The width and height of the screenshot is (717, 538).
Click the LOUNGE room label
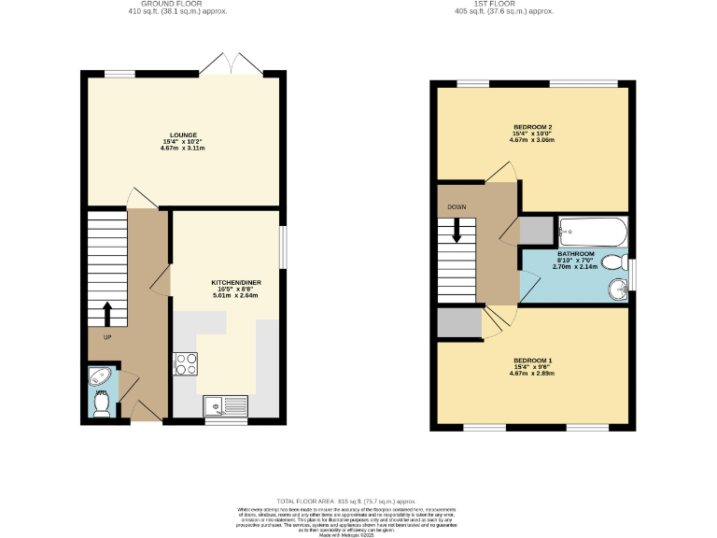click(x=183, y=135)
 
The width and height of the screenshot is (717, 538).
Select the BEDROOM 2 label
click(x=533, y=127)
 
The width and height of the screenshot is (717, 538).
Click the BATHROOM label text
click(x=575, y=254)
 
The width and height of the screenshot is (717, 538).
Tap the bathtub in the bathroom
click(x=592, y=230)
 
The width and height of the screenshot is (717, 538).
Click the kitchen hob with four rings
click(x=184, y=363)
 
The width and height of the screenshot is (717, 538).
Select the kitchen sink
click(x=225, y=405)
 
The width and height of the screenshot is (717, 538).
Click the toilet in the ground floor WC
click(x=102, y=404)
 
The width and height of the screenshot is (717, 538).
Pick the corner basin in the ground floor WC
click(x=99, y=376)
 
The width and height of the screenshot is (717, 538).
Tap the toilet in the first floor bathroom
click(x=613, y=262)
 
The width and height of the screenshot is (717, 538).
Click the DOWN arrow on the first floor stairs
click(x=457, y=230)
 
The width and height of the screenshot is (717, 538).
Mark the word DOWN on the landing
click(x=457, y=206)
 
